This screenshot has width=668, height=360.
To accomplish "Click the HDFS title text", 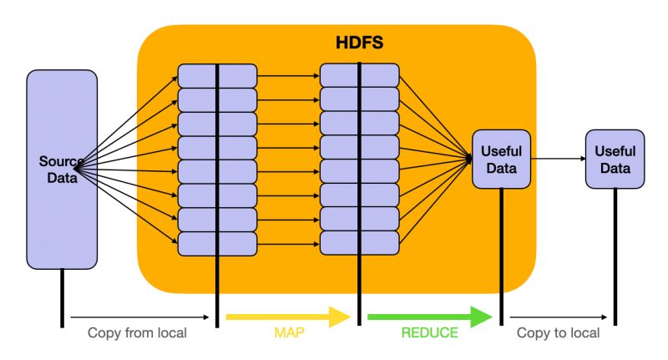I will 360,43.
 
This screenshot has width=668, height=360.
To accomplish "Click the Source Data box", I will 62,169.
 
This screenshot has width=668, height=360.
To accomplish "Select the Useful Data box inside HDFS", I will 501,160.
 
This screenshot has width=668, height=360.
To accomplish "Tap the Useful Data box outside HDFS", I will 615,160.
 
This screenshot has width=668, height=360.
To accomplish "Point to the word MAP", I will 287,333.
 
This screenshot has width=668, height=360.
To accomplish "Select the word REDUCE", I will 430,333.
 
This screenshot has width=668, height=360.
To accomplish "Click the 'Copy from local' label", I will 138,333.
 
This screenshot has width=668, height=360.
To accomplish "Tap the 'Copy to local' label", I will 558,333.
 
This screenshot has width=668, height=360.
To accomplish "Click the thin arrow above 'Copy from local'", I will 138,317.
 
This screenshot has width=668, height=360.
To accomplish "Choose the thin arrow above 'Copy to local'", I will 558,317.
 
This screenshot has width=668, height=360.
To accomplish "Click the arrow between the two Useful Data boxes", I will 557,159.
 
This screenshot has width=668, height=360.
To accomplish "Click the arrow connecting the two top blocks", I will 288,75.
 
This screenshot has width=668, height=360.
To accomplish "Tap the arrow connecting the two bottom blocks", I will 288,243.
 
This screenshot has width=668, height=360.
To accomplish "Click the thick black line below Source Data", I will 62,297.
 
